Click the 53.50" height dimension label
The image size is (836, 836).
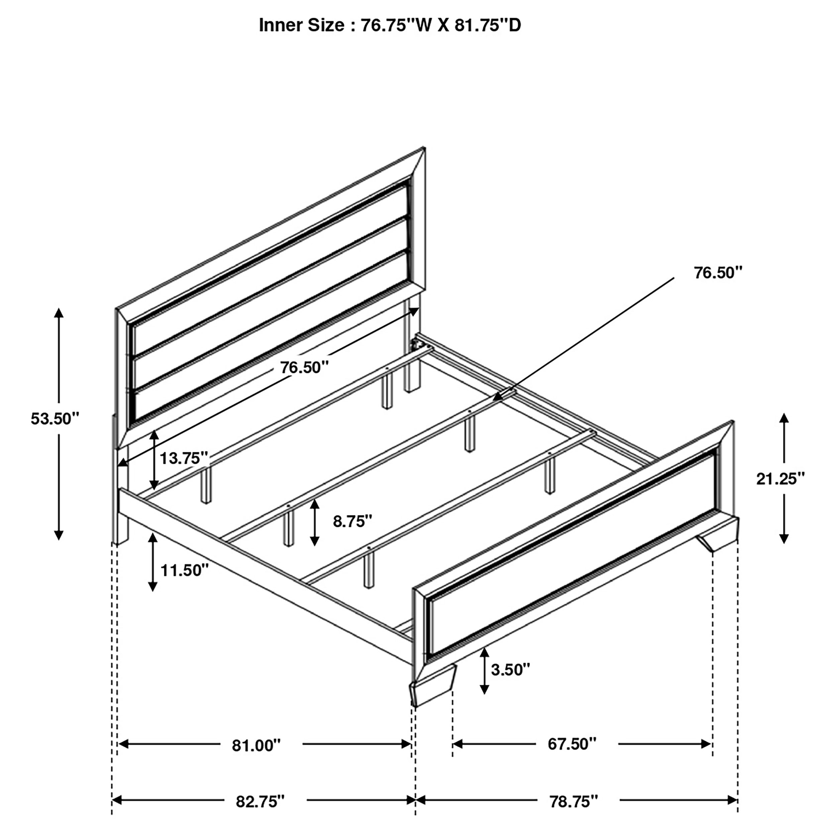coord(55,419)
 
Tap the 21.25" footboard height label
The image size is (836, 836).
coord(780,479)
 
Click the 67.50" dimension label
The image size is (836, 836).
coord(571,744)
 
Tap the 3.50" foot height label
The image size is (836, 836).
coord(510,669)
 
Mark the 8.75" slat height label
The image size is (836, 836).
coord(352,521)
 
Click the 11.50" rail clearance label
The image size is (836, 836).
coord(184,570)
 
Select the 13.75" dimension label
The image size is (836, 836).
coord(184,458)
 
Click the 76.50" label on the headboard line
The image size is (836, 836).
coord(304,368)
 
